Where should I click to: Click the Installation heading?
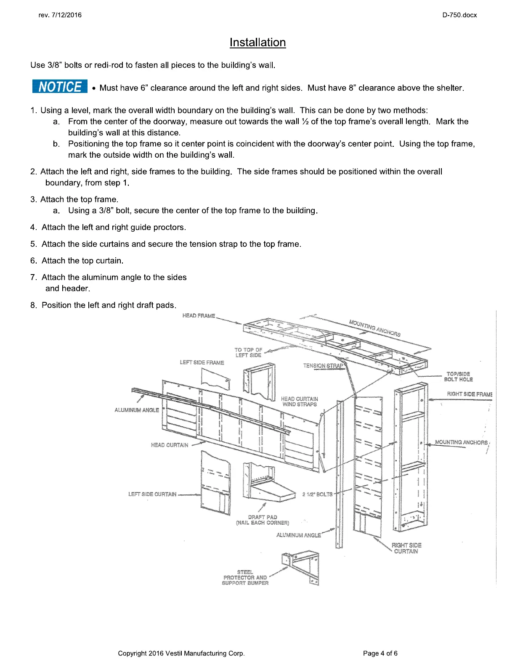[257, 42]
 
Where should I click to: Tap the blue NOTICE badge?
[60, 86]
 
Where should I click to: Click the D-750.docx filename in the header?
[459, 15]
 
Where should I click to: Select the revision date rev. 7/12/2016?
[60, 15]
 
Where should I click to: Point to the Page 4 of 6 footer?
[380, 653]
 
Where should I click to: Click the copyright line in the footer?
[181, 653]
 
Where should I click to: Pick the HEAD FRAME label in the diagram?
[199, 316]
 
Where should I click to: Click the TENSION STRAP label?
[323, 366]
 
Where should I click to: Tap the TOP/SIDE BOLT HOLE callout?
[458, 377]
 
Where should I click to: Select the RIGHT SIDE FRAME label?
[470, 394]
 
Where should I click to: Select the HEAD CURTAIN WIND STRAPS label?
[300, 402]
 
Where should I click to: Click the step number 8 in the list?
[33, 305]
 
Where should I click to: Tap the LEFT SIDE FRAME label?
[202, 362]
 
